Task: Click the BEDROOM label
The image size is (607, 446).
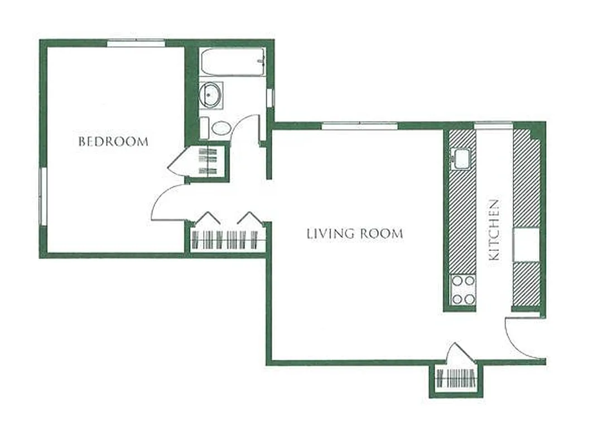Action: coord(113,141)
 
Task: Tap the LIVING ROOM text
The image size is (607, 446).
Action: coord(354,234)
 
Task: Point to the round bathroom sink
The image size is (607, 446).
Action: coord(211,95)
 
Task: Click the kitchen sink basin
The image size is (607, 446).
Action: coord(463,158)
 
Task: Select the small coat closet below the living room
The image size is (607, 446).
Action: coord(456,379)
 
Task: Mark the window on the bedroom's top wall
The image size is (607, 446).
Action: coord(136,43)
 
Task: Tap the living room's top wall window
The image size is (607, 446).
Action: coord(359,125)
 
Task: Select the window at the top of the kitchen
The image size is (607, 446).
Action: coord(493,125)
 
